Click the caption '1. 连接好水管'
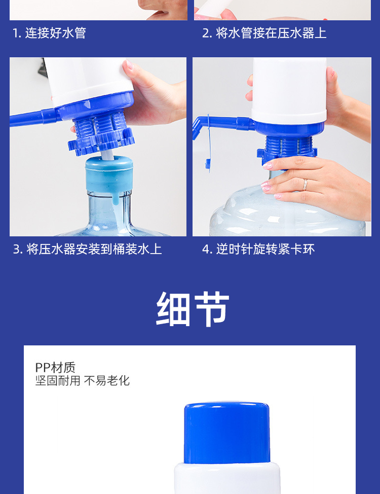click(x=49, y=33)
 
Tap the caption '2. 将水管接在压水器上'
click(x=264, y=33)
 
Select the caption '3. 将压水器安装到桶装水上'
click(x=87, y=249)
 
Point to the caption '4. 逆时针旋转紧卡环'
click(x=258, y=249)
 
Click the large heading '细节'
click(x=193, y=309)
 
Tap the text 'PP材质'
click(x=55, y=367)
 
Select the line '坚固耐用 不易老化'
click(x=83, y=380)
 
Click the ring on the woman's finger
click(x=305, y=184)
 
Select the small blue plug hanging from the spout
click(x=208, y=164)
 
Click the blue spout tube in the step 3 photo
click(x=34, y=117)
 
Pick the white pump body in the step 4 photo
click(x=289, y=91)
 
